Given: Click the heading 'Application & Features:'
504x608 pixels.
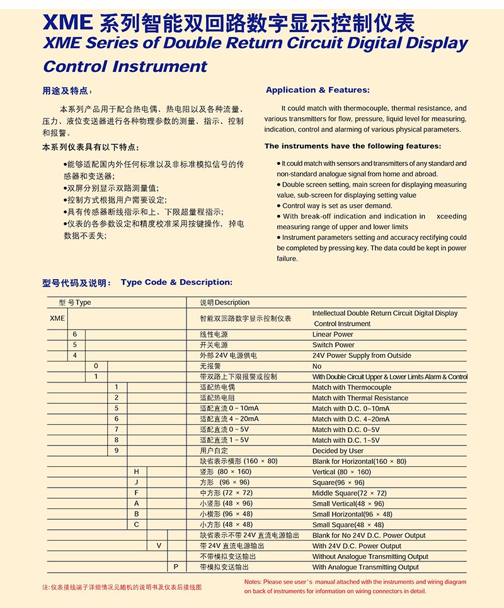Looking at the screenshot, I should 318,90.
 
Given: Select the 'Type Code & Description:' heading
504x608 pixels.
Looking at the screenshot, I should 176,282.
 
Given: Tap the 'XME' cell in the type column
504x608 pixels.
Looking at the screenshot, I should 57,318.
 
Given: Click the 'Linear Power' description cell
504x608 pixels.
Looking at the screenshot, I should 333,335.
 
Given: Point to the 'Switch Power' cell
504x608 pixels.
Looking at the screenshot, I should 333,345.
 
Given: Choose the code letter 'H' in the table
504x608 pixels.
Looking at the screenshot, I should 136,472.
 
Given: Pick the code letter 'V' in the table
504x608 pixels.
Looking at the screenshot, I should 159,546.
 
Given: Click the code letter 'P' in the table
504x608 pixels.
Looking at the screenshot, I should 176,567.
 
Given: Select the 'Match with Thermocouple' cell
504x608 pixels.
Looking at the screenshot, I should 352,387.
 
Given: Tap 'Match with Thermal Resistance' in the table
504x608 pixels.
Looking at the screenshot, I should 360,398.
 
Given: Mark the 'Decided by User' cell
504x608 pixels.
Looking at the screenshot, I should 338,451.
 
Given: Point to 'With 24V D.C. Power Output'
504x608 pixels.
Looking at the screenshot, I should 357,546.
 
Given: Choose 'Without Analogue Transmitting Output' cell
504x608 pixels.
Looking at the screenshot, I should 370,556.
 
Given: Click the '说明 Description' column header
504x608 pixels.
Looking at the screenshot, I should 225,302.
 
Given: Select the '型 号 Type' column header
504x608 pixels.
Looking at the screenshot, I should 75,302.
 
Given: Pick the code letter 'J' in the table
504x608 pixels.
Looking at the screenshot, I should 136,483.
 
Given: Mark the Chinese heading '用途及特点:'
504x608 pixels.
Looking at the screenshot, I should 67,91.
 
